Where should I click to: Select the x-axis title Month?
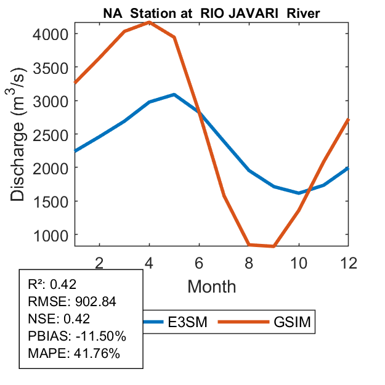211,286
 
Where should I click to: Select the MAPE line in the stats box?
74,354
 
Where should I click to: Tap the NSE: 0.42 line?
59,319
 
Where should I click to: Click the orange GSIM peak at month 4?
150,23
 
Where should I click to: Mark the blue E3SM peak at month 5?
174,95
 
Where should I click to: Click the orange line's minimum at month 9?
274,246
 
